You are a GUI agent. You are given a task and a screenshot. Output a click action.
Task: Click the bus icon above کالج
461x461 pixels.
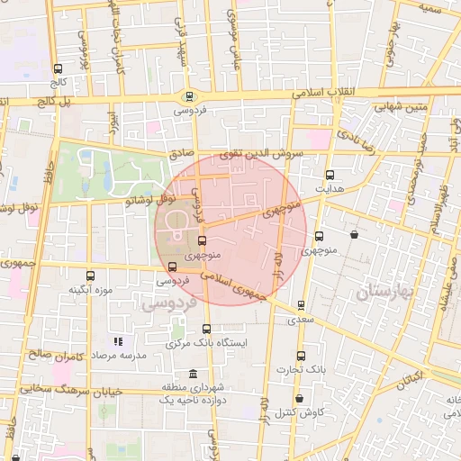tap(59, 68)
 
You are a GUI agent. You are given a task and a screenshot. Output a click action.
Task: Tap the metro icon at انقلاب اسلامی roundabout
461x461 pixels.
tap(188, 97)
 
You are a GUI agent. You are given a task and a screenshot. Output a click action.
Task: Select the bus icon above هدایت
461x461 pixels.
tap(329, 175)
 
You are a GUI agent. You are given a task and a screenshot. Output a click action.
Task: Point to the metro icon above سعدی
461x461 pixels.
tap(300, 304)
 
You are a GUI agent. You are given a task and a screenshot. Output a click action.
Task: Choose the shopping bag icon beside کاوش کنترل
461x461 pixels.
tap(298, 398)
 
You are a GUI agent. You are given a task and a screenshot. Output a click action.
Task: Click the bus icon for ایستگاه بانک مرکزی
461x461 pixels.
tap(207, 329)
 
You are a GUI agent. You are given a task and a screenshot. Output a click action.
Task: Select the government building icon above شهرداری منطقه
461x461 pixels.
tap(192, 374)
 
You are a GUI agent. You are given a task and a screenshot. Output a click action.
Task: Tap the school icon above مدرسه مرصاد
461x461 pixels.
tap(117, 341)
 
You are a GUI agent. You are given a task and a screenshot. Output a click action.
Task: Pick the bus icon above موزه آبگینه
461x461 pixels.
tap(88, 276)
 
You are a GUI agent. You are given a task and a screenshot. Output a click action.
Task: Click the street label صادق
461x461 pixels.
tap(183, 154)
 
